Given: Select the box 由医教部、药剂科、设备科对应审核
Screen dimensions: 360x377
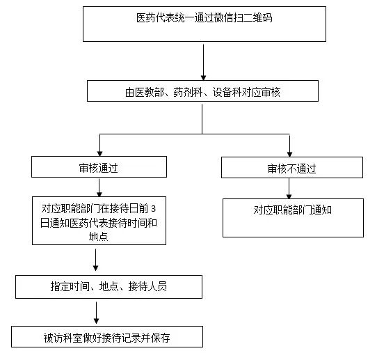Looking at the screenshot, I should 202,91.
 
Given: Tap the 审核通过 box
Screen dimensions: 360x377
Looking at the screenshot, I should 99,167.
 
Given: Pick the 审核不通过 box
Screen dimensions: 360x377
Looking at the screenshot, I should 291,168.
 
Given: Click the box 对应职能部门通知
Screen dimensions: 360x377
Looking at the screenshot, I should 293,217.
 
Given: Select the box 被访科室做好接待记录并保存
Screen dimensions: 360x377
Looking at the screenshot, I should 107,337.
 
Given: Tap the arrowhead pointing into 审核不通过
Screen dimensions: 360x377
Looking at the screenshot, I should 291,151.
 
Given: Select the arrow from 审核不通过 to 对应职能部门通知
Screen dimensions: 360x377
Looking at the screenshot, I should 290,188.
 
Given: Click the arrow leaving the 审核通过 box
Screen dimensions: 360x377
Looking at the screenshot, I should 101,187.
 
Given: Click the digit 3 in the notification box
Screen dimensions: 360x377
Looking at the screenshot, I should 153,209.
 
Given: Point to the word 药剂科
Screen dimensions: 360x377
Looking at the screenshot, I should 186,91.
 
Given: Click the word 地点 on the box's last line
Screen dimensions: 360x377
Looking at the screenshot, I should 99,236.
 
